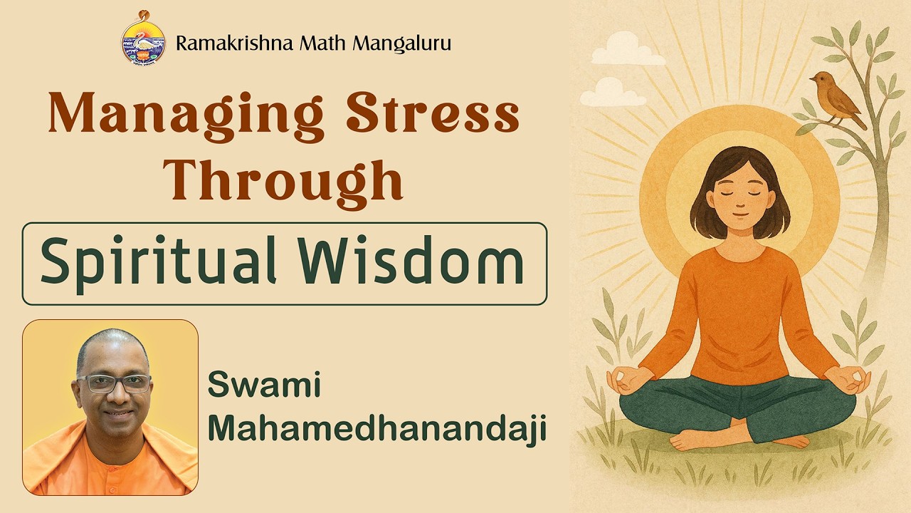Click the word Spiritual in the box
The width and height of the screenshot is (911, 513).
click(x=157, y=263)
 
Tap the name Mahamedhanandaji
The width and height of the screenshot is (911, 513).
click(x=376, y=429)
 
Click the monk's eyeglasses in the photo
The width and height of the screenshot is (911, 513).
click(x=114, y=383)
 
